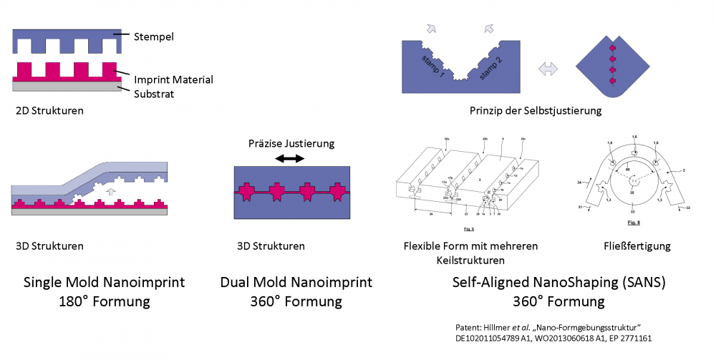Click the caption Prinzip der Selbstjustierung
(x=536, y=111)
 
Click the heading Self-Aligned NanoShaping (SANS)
(x=558, y=283)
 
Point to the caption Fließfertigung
(x=637, y=246)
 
